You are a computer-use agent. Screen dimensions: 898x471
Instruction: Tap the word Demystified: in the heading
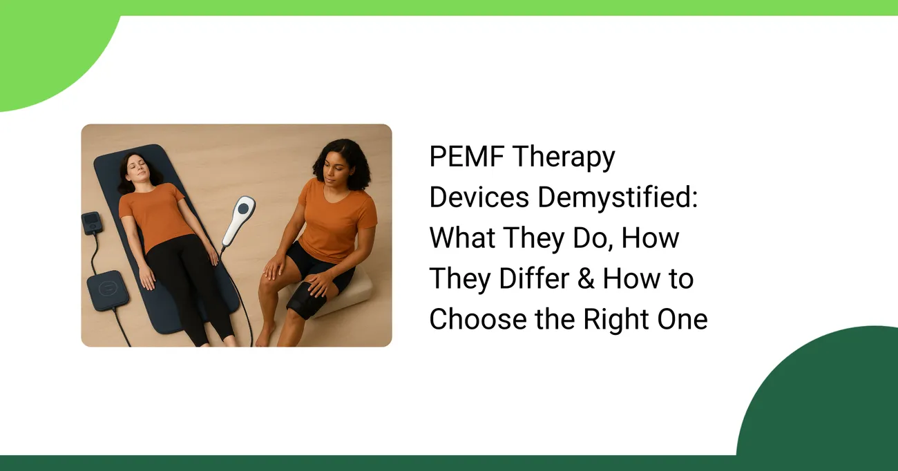click(x=618, y=197)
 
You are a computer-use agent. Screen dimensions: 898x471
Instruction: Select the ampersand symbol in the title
click(x=586, y=278)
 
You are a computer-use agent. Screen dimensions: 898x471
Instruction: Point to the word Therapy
click(x=564, y=157)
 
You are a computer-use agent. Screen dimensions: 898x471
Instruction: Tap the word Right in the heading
click(x=615, y=320)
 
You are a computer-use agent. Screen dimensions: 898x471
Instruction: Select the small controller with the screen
click(x=91, y=223)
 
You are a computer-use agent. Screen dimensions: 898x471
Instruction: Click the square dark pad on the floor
click(x=108, y=290)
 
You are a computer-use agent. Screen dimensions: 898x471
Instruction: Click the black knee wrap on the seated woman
click(x=307, y=300)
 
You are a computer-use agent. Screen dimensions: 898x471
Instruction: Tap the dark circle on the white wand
click(x=243, y=209)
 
